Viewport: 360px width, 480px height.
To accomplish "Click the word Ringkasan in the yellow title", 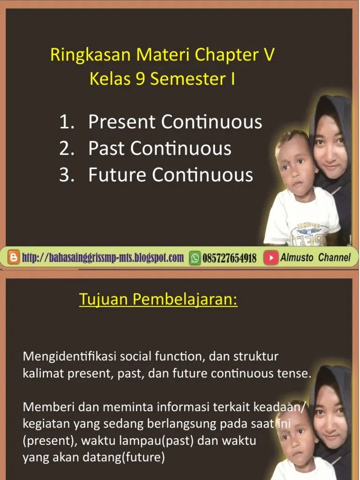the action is pos(90,55).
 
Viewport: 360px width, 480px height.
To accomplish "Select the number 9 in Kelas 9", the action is pos(140,78).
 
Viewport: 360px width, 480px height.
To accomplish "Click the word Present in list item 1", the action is pos(122,121).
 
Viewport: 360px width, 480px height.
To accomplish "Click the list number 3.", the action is pos(67,175).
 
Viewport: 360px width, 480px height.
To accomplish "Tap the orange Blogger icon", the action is pos(13,257).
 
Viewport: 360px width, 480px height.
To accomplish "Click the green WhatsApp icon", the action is pos(195,258).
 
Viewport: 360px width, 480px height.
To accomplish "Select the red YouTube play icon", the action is pos(271,258).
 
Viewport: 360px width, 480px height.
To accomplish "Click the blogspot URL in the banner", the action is pos(103,258).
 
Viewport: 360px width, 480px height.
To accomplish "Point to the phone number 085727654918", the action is pos(229,258).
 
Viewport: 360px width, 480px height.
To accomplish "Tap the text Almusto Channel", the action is pos(315,257).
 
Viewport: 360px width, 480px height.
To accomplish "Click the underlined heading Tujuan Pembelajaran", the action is pos(158,299).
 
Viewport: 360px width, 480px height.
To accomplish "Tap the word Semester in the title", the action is pos(188,79).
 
